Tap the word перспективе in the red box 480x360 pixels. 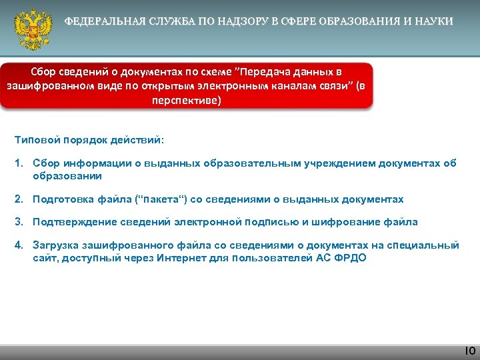tap(184, 101)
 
